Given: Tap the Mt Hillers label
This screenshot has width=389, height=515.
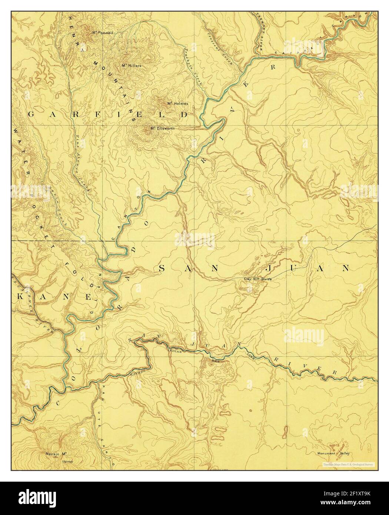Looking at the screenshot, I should click(132, 66).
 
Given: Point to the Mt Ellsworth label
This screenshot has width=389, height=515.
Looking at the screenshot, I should click(162, 129).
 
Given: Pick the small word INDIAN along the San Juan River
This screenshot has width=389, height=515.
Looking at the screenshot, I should click(175, 349).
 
